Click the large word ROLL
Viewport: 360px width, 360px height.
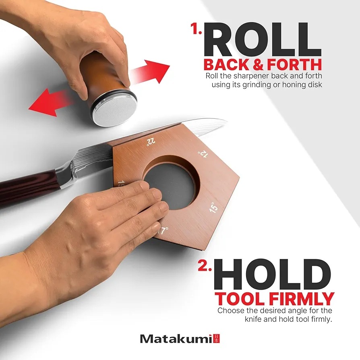(263, 39)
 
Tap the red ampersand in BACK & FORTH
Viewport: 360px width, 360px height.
(259, 65)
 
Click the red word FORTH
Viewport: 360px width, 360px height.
(295, 65)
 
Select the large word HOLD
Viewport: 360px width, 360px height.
(273, 274)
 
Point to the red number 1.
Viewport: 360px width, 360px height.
(196, 29)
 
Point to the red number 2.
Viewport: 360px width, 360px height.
(205, 266)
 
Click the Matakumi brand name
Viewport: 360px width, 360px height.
(176, 339)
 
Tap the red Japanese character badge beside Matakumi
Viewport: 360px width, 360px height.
(217, 339)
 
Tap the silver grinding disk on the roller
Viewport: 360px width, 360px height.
(116, 111)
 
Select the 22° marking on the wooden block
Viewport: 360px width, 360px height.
(151, 142)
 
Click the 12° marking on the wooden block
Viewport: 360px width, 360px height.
(203, 154)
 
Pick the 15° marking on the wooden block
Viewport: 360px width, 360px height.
(213, 207)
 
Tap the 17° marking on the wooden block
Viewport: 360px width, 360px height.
(163, 230)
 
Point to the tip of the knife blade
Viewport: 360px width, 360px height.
(227, 120)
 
